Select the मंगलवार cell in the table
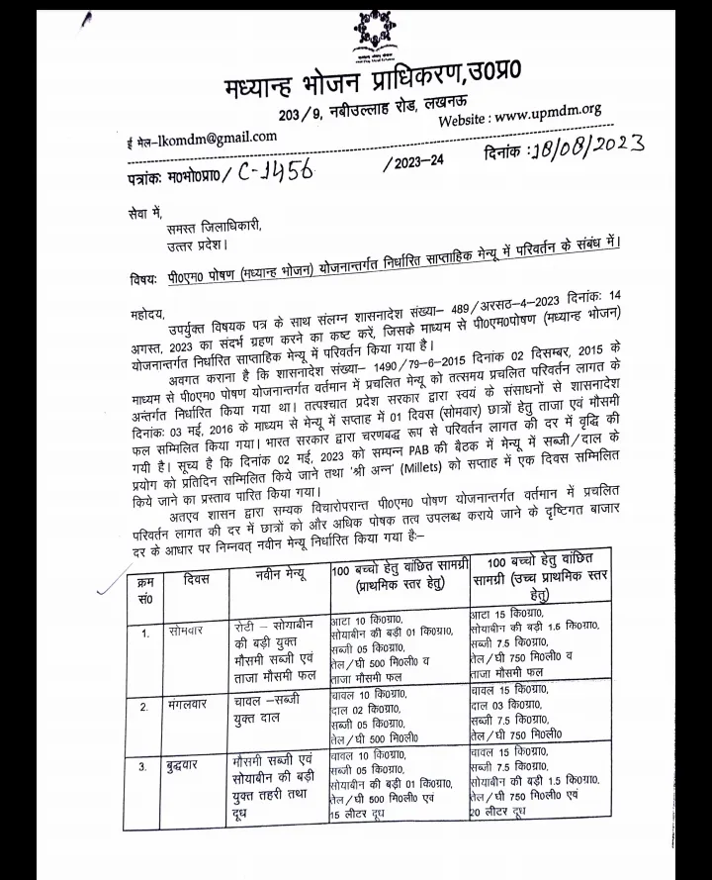193,706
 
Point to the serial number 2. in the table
144,707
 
